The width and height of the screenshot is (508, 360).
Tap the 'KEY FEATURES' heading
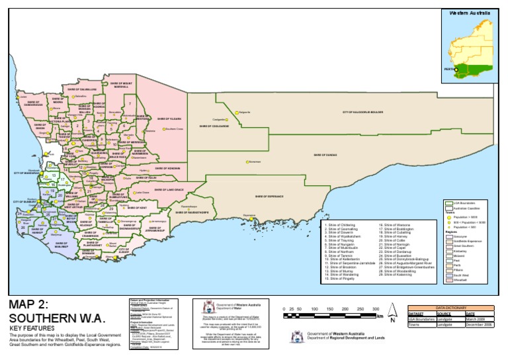pyautogui.click(x=30, y=328)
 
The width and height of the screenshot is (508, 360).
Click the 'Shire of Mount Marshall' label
pyautogui.click(x=120, y=86)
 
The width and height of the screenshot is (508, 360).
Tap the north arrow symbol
pyautogui.click(x=392, y=312)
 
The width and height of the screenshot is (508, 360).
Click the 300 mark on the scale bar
pyautogui.click(x=375, y=309)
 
